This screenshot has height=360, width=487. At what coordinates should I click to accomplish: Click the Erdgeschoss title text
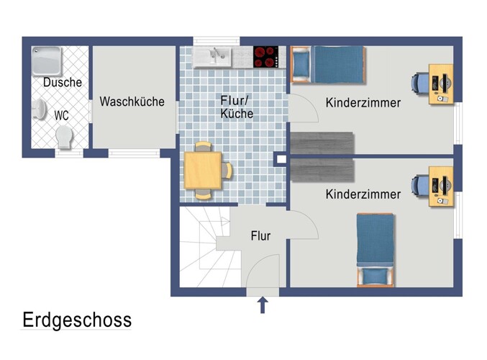[x=76, y=319]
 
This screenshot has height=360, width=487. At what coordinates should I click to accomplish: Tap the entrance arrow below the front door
[x=262, y=305]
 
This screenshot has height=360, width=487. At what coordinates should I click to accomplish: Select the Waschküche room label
[x=132, y=102]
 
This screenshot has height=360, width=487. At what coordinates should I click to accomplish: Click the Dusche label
[x=62, y=83]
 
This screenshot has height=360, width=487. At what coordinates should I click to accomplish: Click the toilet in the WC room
[x=64, y=136]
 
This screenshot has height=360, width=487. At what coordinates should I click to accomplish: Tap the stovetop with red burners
[x=265, y=57]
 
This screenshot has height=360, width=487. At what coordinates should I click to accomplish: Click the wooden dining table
[x=203, y=170]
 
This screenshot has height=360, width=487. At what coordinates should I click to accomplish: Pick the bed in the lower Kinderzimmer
[x=376, y=248]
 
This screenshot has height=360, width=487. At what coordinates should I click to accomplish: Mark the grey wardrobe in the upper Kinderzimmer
[x=322, y=142]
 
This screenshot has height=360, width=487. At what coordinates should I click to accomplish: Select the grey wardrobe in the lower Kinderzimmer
[x=322, y=171]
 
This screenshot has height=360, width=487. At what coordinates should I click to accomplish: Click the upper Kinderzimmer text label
[x=363, y=103]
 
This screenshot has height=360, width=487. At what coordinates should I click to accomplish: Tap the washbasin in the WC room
[x=40, y=110]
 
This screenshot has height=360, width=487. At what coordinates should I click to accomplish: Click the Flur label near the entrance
[x=260, y=235]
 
